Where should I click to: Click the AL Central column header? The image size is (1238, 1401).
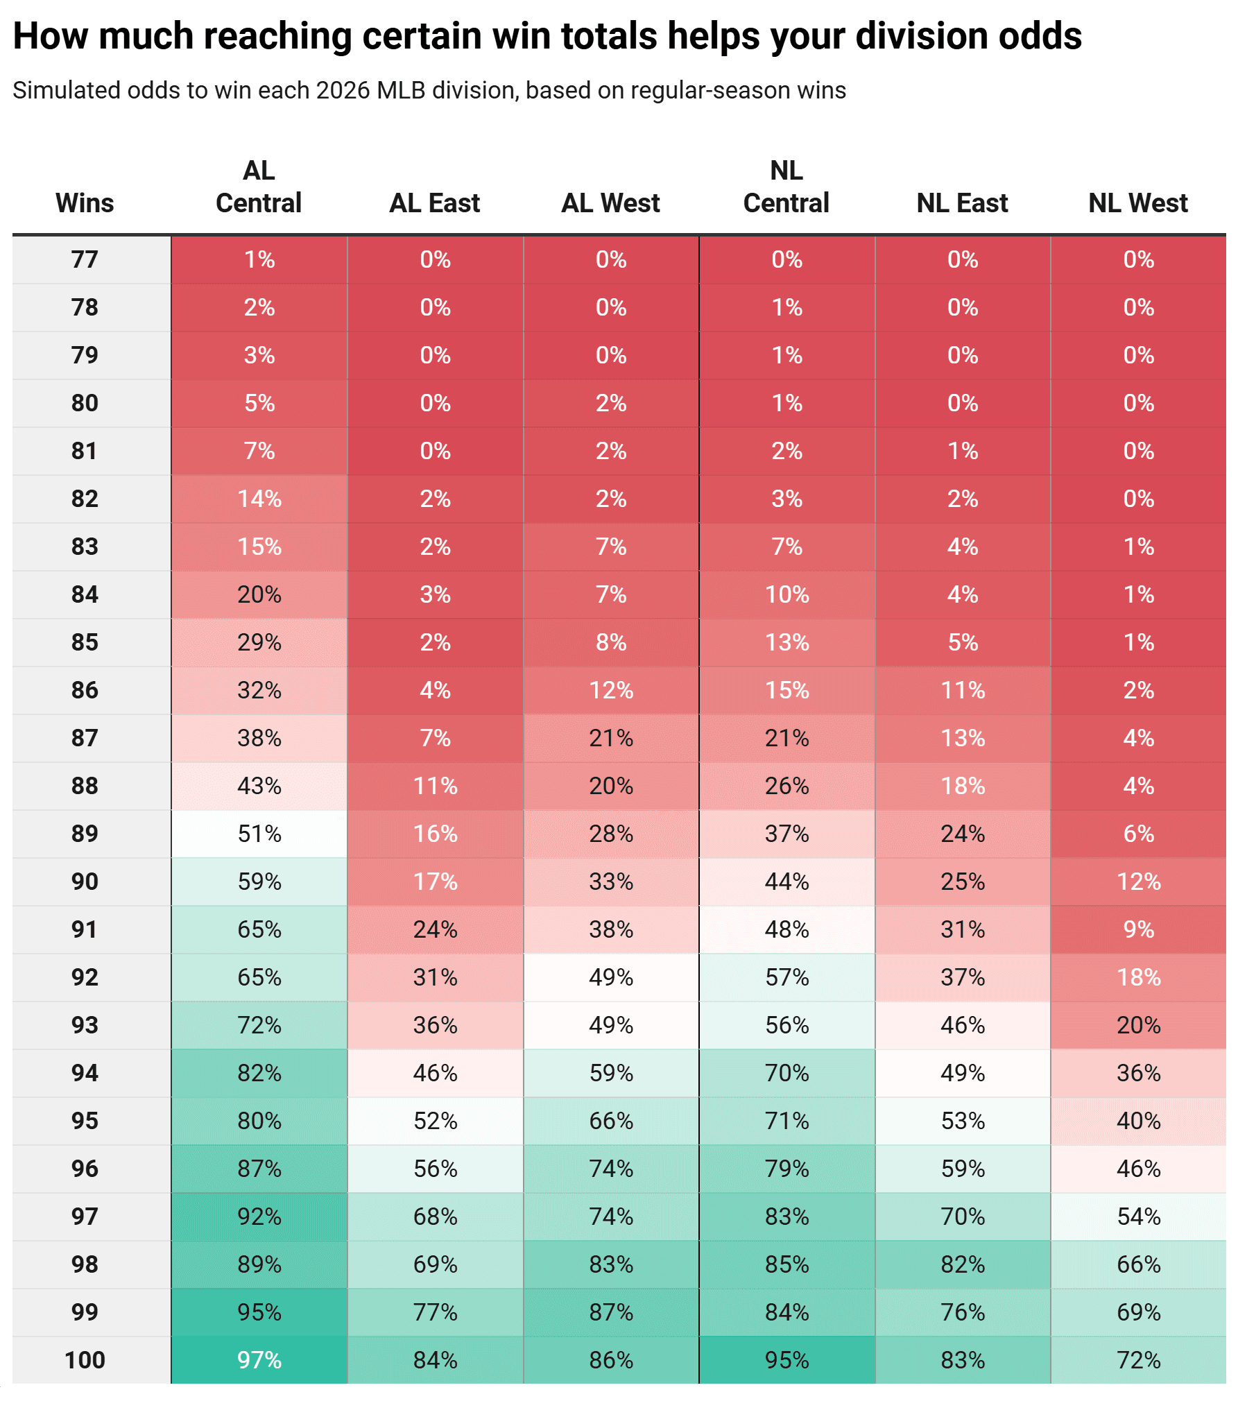[x=259, y=187]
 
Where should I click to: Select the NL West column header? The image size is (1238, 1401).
[x=1137, y=203]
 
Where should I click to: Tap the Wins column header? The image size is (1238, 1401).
[x=85, y=203]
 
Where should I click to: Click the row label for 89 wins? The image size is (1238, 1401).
[x=85, y=834]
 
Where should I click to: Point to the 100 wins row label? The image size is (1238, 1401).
[x=85, y=1360]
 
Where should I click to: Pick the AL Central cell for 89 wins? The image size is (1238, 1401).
[x=259, y=834]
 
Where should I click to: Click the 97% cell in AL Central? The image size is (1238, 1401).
[x=259, y=1360]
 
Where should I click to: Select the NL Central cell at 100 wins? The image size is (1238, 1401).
[x=786, y=1360]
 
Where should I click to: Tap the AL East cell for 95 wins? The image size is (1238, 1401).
[x=435, y=1121]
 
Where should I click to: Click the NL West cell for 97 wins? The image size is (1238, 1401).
[x=1138, y=1217]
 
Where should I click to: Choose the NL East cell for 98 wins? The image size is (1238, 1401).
[x=963, y=1264]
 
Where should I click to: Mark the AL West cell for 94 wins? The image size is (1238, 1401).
[x=611, y=1073]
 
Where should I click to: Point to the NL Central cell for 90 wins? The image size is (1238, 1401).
[x=786, y=882]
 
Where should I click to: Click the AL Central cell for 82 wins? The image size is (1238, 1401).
[x=259, y=499]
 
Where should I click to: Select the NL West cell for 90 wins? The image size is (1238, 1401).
[x=1138, y=882]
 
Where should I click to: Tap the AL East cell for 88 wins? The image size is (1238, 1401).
[x=435, y=786]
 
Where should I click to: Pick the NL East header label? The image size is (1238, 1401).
[x=962, y=203]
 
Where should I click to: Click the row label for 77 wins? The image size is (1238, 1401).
[x=85, y=259]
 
